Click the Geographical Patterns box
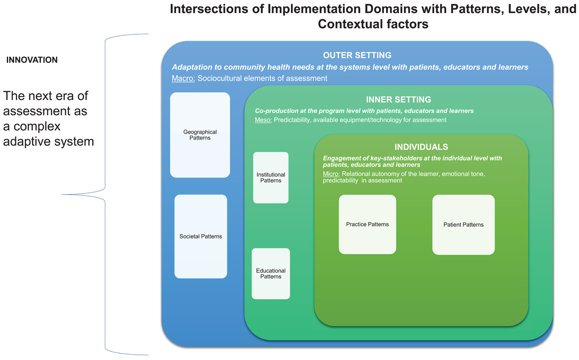(x=200, y=135)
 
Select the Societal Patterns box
(x=201, y=236)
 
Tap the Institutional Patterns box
(x=271, y=178)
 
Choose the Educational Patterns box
(x=271, y=274)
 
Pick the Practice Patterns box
(x=367, y=224)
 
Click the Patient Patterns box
(x=463, y=224)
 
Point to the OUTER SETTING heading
(x=357, y=55)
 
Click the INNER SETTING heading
(x=399, y=100)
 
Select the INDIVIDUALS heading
(x=421, y=147)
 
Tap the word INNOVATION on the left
(x=32, y=60)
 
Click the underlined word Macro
(x=183, y=78)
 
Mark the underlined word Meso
(x=263, y=120)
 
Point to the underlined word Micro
(x=331, y=174)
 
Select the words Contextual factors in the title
(x=373, y=24)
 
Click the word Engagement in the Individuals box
(x=343, y=158)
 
